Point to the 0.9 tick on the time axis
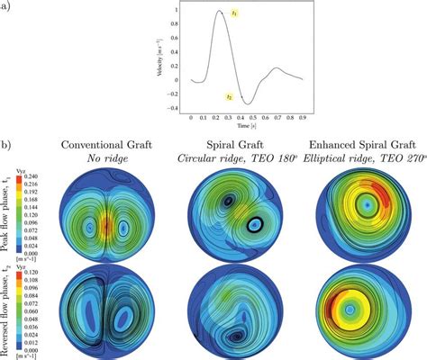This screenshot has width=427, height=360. click(301, 117)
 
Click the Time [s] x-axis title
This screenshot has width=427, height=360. click(244, 126)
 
